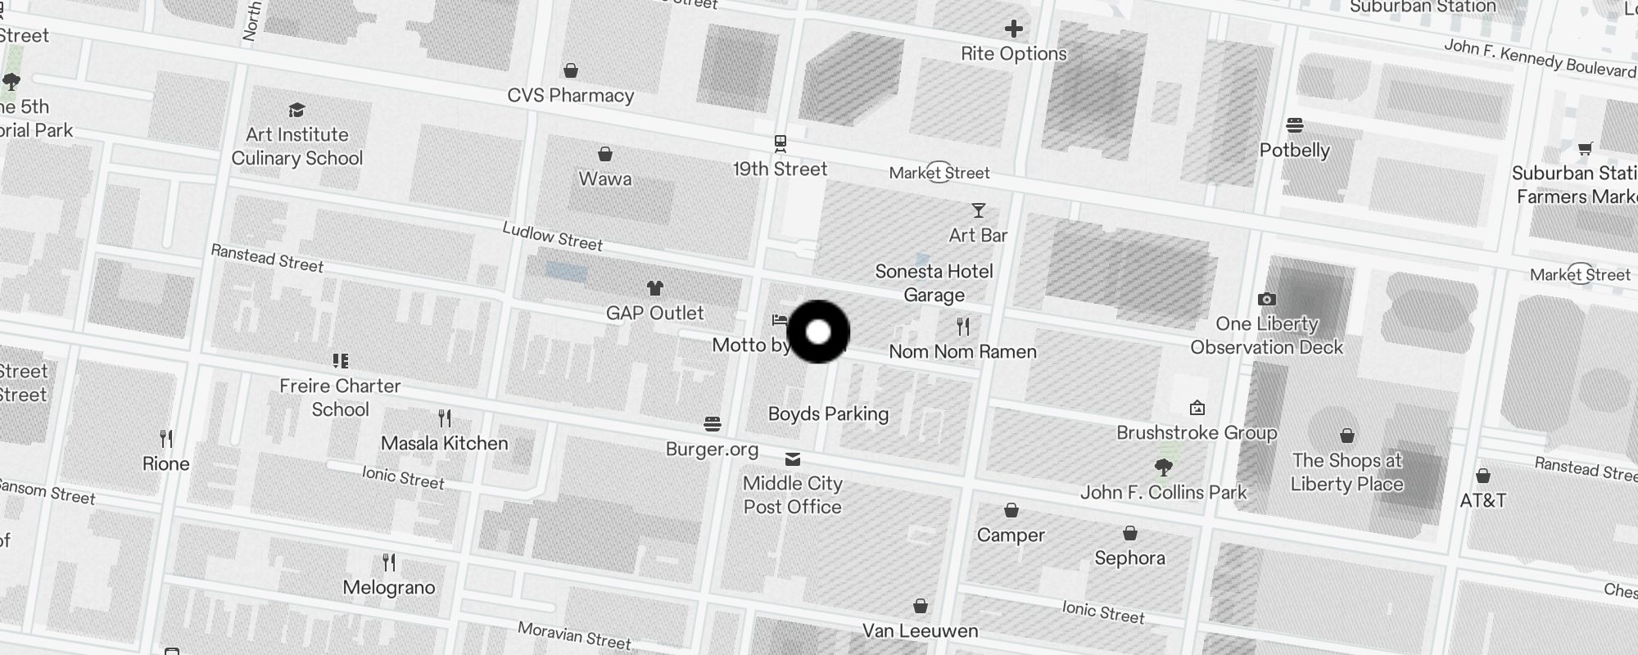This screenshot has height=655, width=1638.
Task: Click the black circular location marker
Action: tap(818, 332)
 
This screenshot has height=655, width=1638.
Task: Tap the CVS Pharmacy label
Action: tap(571, 95)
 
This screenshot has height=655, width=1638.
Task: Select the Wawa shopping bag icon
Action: tap(605, 154)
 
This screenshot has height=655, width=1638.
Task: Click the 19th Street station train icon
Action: tap(781, 144)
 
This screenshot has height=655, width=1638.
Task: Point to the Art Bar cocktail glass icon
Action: tap(978, 211)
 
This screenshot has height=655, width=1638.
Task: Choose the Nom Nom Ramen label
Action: tap(962, 351)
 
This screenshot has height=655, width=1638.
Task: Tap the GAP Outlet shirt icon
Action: tap(654, 288)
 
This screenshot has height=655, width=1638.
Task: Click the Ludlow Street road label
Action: tap(552, 237)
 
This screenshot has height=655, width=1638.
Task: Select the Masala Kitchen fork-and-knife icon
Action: tap(445, 418)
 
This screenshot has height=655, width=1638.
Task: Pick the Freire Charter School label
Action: tap(340, 397)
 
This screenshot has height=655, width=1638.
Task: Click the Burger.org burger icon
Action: tap(713, 424)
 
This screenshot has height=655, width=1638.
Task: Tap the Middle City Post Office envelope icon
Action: tap(792, 459)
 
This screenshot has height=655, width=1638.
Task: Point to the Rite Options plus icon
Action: tap(1014, 29)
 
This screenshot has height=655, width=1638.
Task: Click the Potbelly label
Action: tap(1294, 150)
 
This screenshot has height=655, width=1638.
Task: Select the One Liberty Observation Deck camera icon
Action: tap(1266, 299)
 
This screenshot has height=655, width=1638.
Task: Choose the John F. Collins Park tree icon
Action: tap(1163, 468)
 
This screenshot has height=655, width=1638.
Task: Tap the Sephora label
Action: tap(1129, 558)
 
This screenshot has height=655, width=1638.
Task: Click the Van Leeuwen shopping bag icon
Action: tap(921, 606)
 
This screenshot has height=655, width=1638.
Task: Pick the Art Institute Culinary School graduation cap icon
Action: tap(296, 111)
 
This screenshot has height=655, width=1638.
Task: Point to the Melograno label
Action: tap(389, 587)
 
